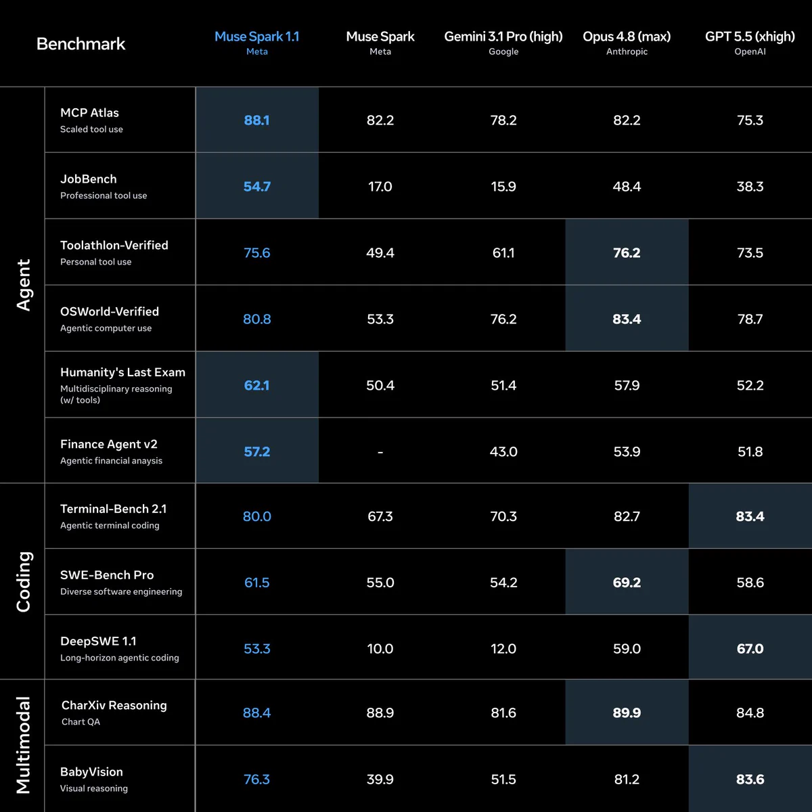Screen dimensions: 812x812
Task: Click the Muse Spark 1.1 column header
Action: tap(256, 37)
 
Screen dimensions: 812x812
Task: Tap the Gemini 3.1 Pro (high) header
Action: tap(503, 37)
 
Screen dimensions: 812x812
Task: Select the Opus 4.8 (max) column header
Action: tap(627, 37)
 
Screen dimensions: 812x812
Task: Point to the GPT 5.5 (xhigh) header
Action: tap(750, 37)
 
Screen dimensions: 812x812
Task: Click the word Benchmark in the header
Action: tap(81, 44)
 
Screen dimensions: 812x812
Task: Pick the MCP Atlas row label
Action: tap(89, 112)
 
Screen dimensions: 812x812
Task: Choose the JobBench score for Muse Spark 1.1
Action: tap(256, 186)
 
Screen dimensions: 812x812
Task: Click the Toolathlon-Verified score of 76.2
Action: tap(627, 253)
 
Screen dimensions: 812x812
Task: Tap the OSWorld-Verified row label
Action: tap(110, 311)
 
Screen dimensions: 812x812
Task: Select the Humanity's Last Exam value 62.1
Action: tap(256, 385)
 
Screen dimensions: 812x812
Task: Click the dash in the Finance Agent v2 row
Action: tap(380, 452)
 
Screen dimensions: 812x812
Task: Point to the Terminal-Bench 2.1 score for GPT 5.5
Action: tap(750, 516)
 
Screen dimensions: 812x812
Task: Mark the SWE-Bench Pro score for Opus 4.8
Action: tap(627, 583)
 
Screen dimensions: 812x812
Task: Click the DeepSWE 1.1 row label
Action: tap(98, 641)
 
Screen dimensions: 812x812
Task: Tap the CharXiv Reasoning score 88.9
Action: tap(380, 713)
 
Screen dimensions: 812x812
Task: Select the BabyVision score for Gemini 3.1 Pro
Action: tap(503, 779)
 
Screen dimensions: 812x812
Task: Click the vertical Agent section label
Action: tap(24, 286)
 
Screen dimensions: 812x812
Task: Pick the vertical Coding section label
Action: tap(24, 581)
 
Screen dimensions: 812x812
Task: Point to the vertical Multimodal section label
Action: tap(24, 745)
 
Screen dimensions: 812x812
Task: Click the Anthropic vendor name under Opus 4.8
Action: tap(627, 51)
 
